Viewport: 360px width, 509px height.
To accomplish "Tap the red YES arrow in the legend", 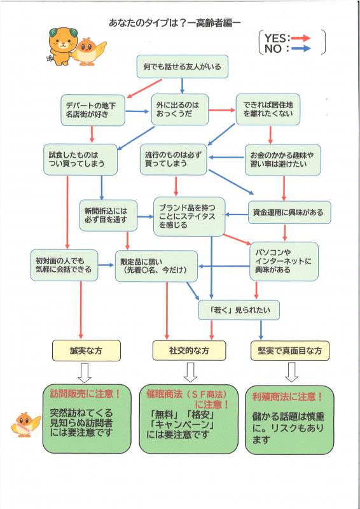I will tap(306, 37).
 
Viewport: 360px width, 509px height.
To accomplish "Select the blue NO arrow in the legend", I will tap(306, 48).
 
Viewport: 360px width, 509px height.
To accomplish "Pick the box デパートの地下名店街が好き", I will tap(92, 110).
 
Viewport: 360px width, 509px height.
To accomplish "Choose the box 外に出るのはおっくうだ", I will tap(179, 110).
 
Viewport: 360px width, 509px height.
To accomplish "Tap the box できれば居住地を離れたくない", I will tap(268, 109).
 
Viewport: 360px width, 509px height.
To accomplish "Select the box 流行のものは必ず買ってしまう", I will tap(174, 159).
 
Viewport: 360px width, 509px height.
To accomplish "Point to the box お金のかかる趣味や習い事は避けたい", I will tap(282, 159).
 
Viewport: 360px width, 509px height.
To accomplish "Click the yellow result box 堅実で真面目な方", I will tap(289, 350).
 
